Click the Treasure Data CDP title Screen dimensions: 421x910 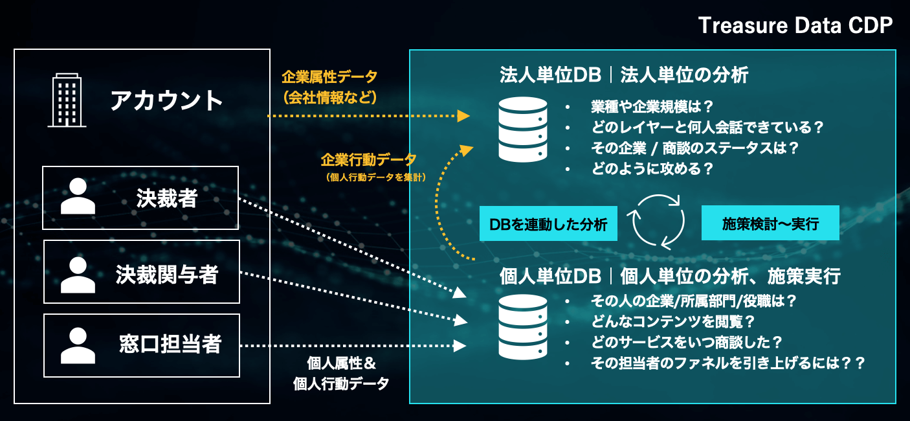coord(795,26)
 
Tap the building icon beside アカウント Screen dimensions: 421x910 coord(67,100)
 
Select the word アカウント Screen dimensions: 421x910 coord(166,100)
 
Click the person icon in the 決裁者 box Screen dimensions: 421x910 coord(78,198)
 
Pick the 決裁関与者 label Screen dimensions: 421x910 coord(167,275)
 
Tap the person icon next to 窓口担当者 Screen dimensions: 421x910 coord(78,345)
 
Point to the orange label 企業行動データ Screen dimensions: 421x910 coord(368,160)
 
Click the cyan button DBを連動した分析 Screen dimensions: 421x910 coord(548,224)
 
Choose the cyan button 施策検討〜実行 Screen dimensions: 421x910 coord(770,224)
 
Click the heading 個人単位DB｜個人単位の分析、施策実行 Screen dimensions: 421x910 coord(670,277)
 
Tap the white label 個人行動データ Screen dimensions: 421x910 coord(341,383)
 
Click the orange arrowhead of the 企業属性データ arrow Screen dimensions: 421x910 coord(463,116)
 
